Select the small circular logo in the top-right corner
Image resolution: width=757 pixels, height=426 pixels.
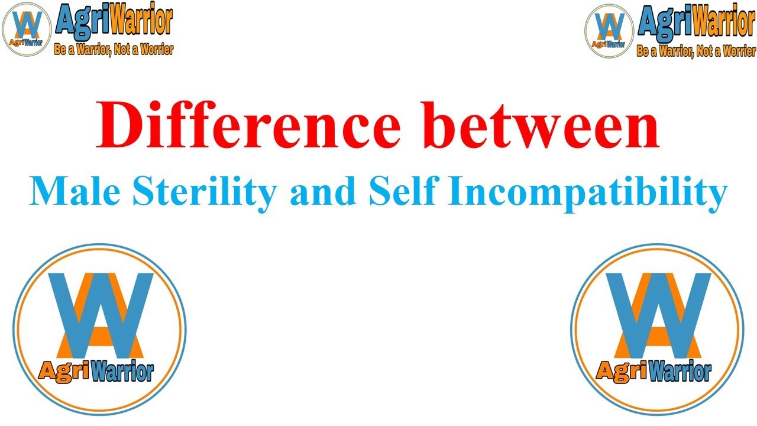[609, 31]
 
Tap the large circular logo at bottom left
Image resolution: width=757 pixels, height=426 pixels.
[99, 329]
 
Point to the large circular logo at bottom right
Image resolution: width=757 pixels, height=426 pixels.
[657, 329]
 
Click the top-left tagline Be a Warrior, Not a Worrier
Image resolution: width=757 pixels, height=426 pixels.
[114, 50]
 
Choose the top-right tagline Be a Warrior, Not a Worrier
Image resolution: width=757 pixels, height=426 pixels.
[696, 51]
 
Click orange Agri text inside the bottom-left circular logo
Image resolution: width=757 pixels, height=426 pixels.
[57, 372]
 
